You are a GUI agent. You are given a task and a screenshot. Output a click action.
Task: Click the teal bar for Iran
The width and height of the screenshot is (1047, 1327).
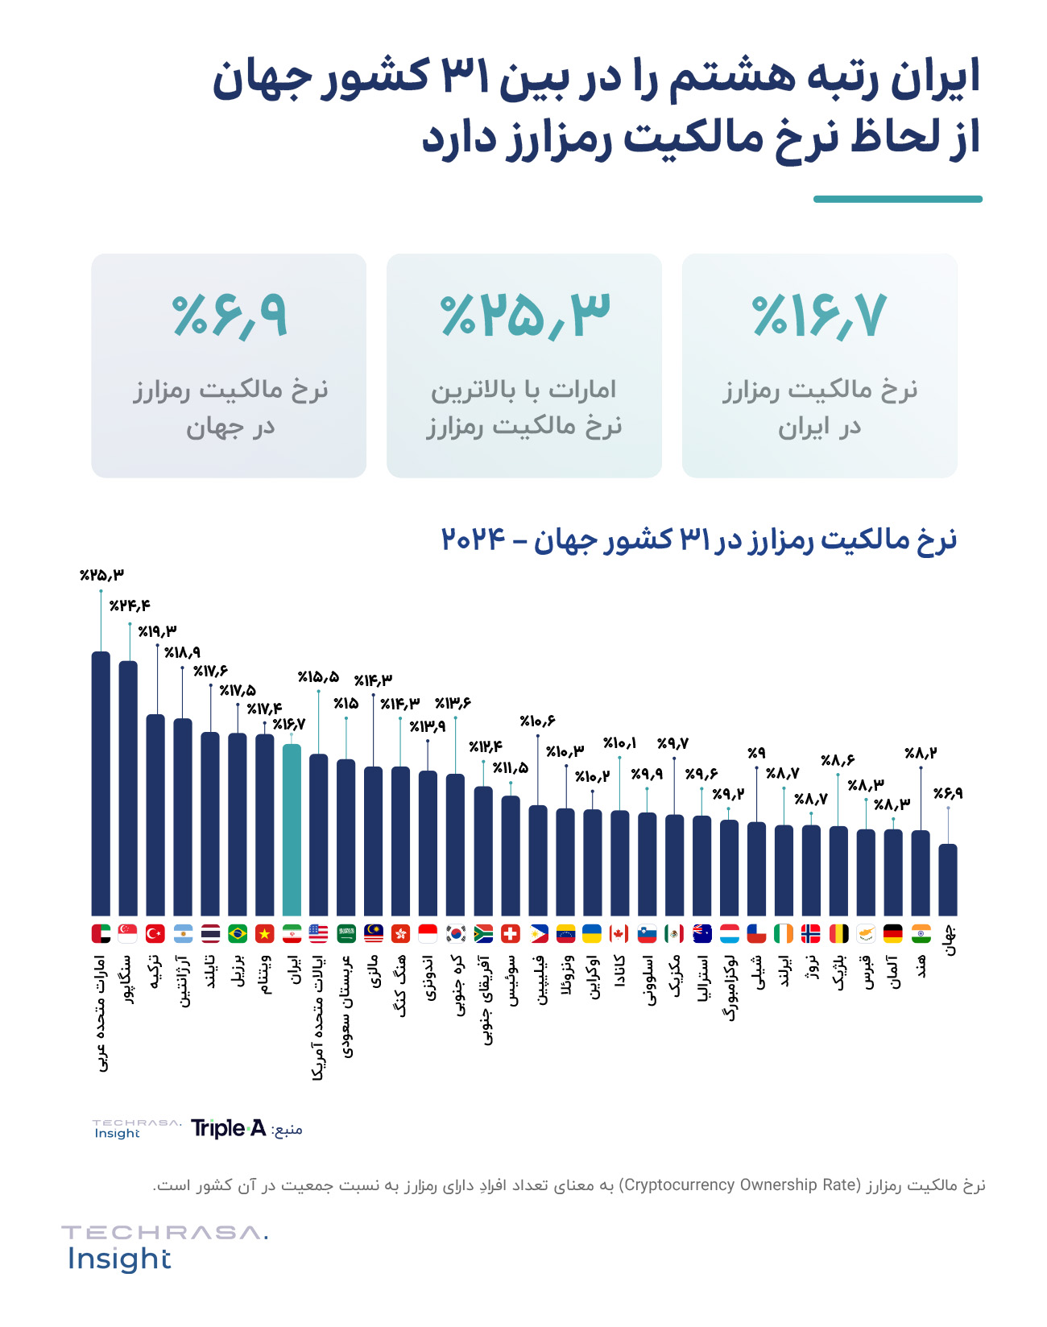pyautogui.click(x=292, y=829)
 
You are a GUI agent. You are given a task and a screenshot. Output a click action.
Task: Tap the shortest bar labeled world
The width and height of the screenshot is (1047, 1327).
pyautogui.click(x=948, y=879)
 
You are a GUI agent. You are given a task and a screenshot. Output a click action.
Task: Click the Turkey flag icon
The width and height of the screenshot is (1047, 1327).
pyautogui.click(x=155, y=933)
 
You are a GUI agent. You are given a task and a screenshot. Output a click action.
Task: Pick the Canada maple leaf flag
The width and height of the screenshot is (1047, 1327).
pyautogui.click(x=619, y=933)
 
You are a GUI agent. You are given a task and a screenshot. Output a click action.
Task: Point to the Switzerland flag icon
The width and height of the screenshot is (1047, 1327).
pyautogui.click(x=510, y=933)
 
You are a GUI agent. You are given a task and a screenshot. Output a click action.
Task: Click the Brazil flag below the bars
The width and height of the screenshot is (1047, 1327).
pyautogui.click(x=238, y=933)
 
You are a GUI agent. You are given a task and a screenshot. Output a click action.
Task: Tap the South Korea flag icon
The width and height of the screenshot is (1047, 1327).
pyautogui.click(x=456, y=933)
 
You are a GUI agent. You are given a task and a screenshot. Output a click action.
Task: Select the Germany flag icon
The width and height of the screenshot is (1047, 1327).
pyautogui.click(x=893, y=933)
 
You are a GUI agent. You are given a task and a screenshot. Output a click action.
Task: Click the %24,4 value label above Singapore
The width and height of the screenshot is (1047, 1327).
pyautogui.click(x=130, y=606)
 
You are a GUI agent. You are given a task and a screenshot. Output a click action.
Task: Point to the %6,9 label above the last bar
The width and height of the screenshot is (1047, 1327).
pyautogui.click(x=948, y=794)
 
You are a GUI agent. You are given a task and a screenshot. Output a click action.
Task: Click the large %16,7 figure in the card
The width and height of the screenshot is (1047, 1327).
pyautogui.click(x=819, y=315)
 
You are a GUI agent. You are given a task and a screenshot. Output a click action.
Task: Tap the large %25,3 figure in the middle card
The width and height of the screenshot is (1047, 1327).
pyautogui.click(x=524, y=315)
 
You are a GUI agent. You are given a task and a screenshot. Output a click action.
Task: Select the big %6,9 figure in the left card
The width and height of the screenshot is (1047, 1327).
pyautogui.click(x=229, y=315)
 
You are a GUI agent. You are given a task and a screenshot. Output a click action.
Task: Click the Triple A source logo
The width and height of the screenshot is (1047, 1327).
pyautogui.click(x=228, y=1128)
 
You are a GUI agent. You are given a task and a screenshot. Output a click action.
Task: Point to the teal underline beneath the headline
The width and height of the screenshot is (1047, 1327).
pyautogui.click(x=897, y=199)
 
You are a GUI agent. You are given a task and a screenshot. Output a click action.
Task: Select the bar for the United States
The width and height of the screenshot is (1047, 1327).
pyautogui.click(x=319, y=834)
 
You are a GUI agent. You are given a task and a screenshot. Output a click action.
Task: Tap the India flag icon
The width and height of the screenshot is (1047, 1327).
pyautogui.click(x=921, y=933)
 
